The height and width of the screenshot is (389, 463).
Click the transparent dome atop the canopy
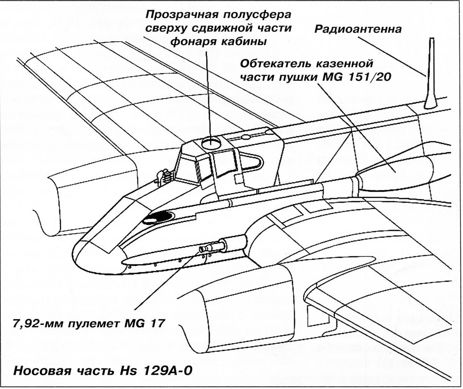(211, 142)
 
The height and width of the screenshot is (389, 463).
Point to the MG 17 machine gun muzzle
(203, 250)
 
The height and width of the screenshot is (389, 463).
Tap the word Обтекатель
(274, 64)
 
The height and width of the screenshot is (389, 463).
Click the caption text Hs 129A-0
(155, 371)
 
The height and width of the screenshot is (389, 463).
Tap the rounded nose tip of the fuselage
(77, 255)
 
